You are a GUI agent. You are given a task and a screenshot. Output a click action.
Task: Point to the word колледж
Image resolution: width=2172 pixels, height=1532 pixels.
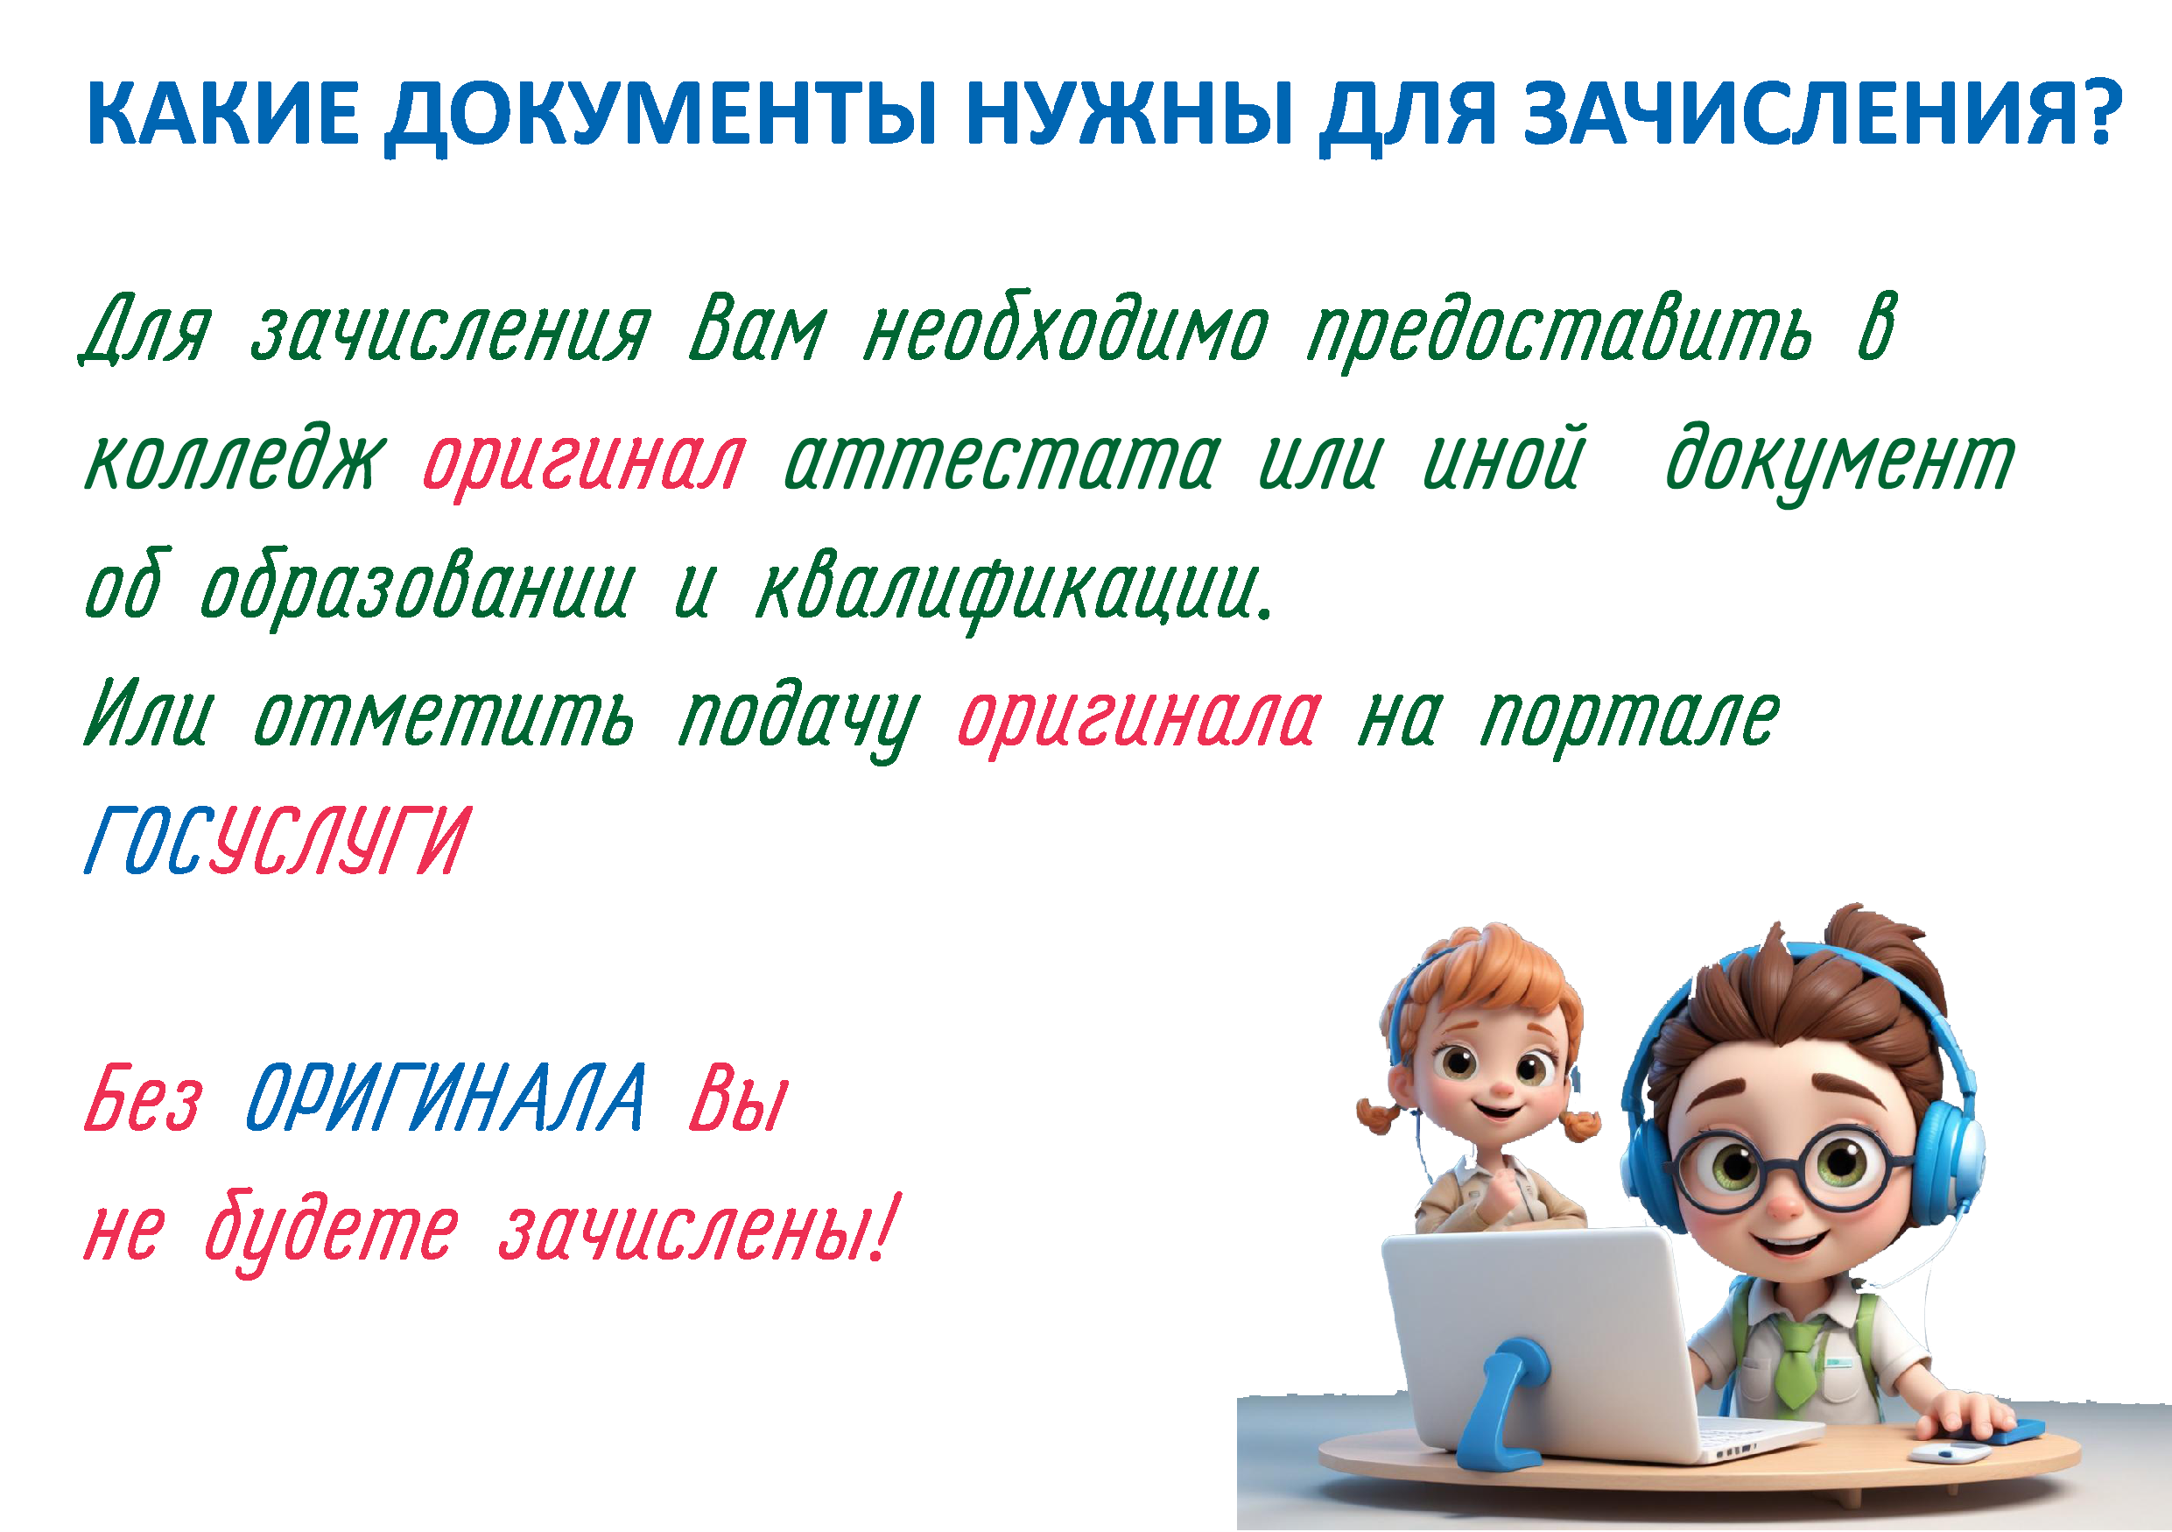(235, 458)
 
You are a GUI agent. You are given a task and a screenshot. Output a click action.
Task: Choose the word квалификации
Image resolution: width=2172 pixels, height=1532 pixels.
(1015, 590)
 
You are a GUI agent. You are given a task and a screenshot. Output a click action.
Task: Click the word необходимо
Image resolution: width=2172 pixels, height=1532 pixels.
(1066, 328)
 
